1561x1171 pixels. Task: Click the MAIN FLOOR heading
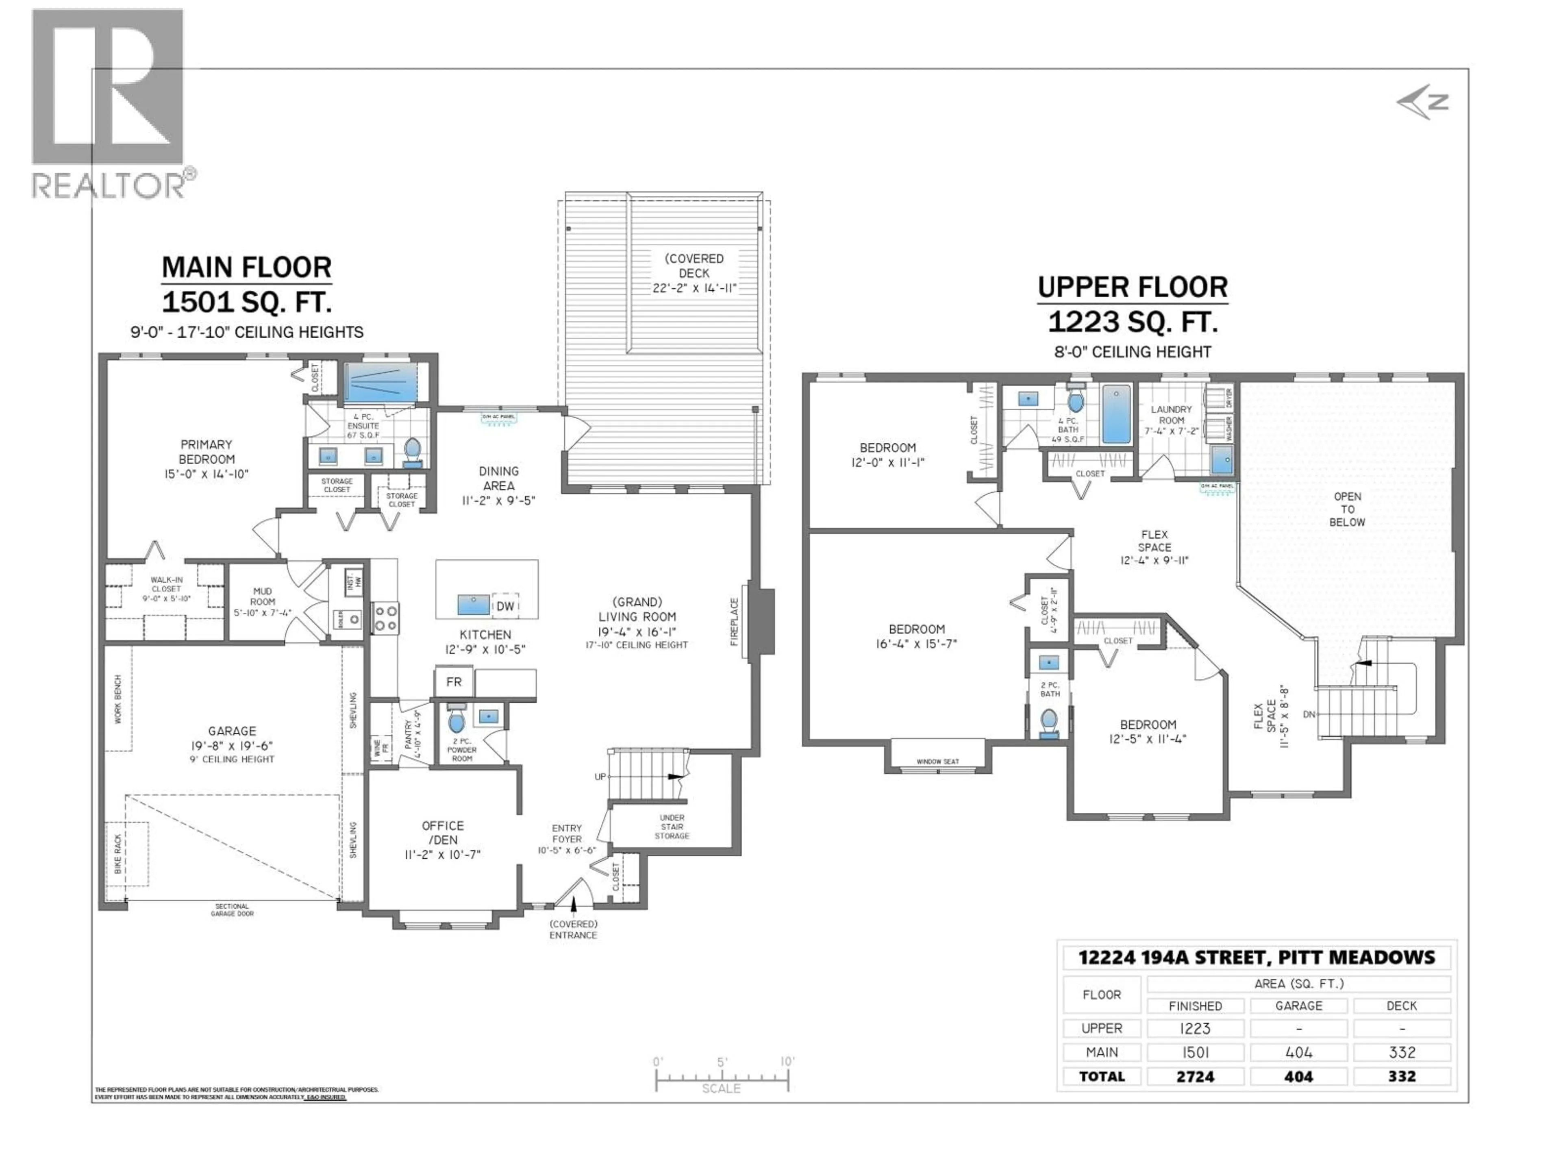coord(246,268)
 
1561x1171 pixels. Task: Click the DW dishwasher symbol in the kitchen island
coord(505,605)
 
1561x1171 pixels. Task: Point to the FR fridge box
coord(454,682)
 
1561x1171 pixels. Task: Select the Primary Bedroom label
coord(206,459)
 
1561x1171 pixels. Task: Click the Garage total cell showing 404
coord(1298,1076)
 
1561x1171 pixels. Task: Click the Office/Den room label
coord(442,839)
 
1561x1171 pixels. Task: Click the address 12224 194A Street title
coord(1256,958)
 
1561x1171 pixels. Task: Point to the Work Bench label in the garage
coord(118,699)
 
